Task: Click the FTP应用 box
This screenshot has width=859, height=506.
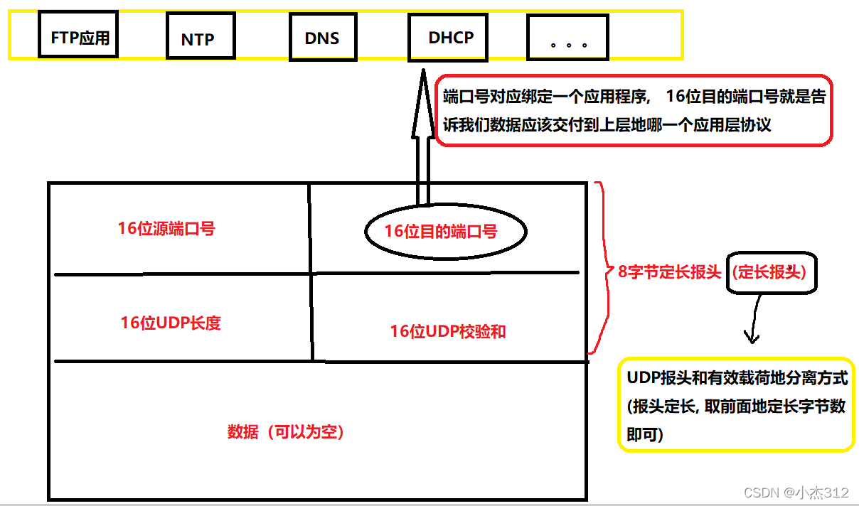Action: coord(80,37)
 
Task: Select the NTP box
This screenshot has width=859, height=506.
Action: coord(198,39)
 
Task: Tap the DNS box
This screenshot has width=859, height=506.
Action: coord(322,38)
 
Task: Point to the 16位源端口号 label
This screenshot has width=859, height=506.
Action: coord(166,229)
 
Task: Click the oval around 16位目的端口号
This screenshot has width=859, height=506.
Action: coord(445,232)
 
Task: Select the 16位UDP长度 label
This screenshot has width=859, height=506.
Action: coord(171,323)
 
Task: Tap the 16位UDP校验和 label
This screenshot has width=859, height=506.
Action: coord(447,331)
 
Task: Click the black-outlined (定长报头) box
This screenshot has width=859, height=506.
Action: coord(772,272)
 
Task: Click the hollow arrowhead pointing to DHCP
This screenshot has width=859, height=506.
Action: coord(422,107)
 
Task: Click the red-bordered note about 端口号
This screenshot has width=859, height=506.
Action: coord(633,110)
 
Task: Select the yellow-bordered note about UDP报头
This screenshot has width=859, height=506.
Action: coord(736,404)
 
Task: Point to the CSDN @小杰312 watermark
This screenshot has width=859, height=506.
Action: coord(796,492)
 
